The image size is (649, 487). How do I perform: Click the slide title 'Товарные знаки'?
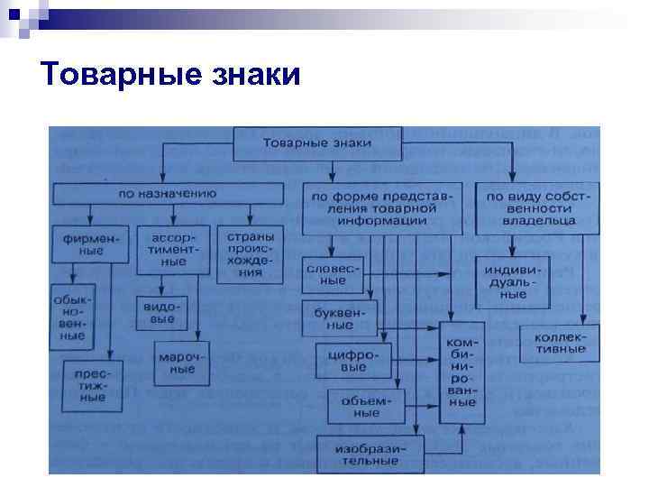click(170, 74)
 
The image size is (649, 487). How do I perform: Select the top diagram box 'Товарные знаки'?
click(316, 143)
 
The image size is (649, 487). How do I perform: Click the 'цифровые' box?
click(348, 361)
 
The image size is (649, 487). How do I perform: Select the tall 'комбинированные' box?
click(462, 370)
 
